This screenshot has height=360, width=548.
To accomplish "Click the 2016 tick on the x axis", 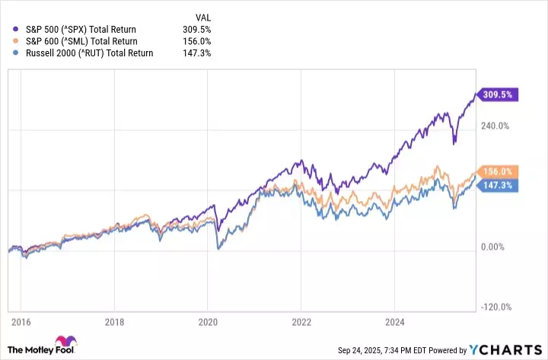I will click(20, 323).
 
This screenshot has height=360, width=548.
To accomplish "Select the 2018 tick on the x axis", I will click(113, 323).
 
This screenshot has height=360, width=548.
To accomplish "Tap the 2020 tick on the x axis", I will click(208, 323).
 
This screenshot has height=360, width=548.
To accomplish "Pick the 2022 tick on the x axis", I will click(302, 323).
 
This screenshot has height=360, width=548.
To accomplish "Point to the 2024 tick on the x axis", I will click(396, 323).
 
